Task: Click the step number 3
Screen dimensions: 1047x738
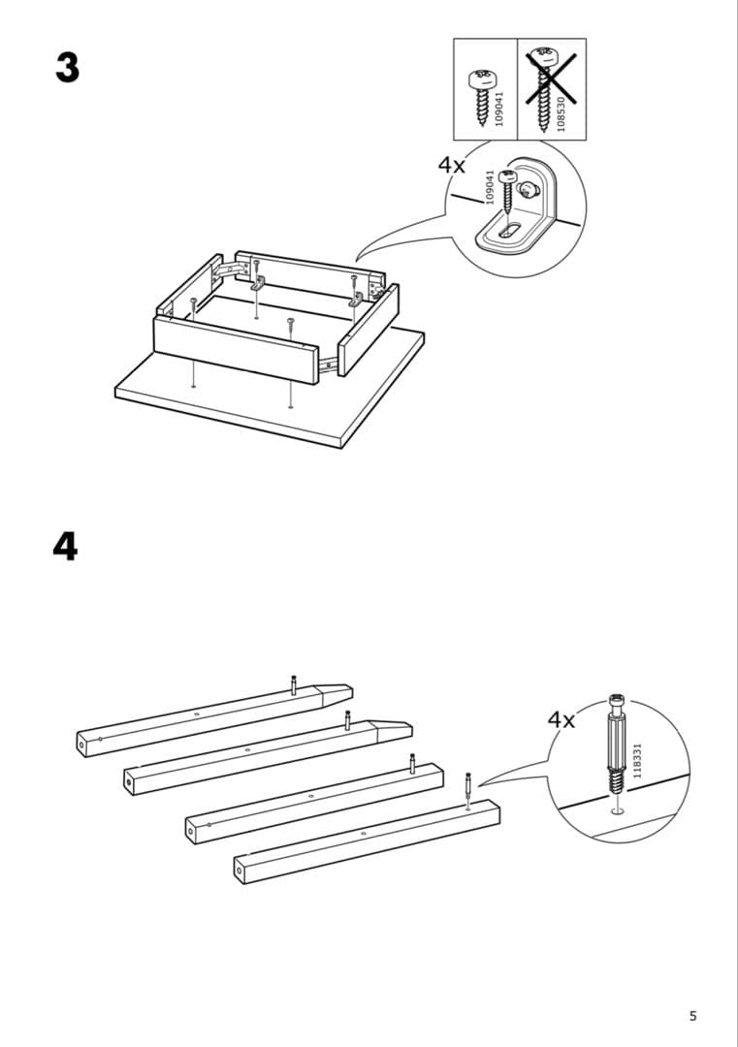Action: [x=66, y=68]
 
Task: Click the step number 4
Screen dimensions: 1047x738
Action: [x=65, y=547]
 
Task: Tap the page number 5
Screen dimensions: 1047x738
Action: [x=692, y=1016]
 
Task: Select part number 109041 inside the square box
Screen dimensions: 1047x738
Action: [x=499, y=108]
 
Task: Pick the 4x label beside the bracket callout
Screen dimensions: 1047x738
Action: [x=452, y=165]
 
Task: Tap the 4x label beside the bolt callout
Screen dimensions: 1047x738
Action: [x=561, y=719]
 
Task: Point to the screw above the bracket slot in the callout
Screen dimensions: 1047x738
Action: [x=505, y=194]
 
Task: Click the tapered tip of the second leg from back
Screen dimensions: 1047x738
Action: [x=392, y=727]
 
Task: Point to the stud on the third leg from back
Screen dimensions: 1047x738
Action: [x=412, y=763]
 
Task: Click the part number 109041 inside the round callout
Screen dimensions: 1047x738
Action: [x=490, y=187]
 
